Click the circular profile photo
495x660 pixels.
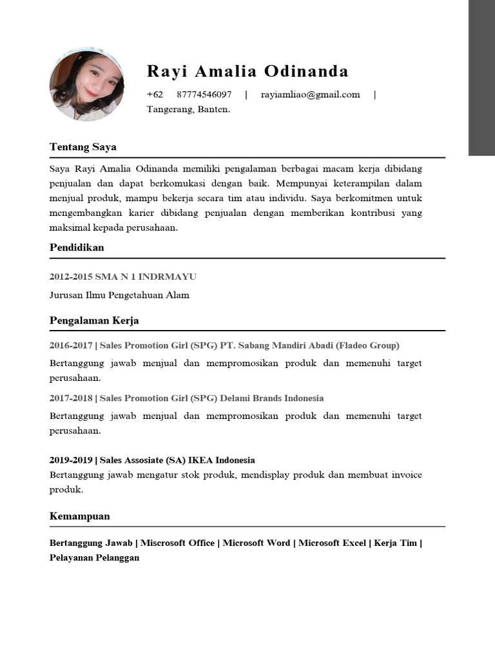click(86, 84)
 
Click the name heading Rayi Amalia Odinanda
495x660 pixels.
click(247, 71)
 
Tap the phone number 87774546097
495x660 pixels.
click(204, 95)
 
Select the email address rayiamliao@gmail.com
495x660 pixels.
click(310, 95)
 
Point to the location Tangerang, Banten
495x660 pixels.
click(188, 110)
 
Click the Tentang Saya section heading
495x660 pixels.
click(83, 147)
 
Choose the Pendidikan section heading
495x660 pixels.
click(77, 247)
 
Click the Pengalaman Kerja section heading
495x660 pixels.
click(94, 320)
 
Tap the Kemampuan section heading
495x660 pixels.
click(80, 516)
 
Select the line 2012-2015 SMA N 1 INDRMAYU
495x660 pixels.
click(123, 277)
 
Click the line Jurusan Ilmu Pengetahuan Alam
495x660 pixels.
click(119, 295)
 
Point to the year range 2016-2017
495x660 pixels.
click(71, 345)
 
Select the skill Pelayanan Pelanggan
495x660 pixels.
click(94, 558)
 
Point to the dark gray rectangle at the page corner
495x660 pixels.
click(481, 77)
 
